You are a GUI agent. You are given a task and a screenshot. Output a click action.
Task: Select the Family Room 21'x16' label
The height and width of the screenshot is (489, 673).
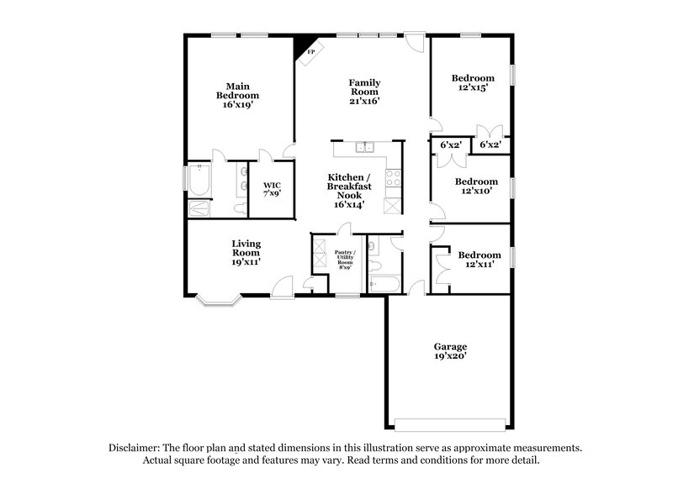pos(364,92)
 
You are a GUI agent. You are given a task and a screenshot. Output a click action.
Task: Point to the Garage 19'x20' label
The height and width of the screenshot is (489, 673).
pos(450,350)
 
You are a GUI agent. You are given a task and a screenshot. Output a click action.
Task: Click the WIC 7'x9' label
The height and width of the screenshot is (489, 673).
pos(272,189)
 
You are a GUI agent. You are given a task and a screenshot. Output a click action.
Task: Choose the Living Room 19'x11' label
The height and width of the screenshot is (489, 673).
pos(246,252)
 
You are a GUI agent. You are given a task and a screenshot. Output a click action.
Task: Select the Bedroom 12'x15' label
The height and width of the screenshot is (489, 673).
pos(472,82)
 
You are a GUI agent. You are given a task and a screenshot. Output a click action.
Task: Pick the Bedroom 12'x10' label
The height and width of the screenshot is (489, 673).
pos(472,186)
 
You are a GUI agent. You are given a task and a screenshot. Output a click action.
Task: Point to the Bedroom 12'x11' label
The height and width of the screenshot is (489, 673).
pos(479,259)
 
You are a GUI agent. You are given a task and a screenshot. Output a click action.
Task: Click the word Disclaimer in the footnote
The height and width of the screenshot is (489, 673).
pos(135,449)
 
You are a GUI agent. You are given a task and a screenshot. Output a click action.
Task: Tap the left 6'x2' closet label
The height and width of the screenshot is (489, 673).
pos(451,145)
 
